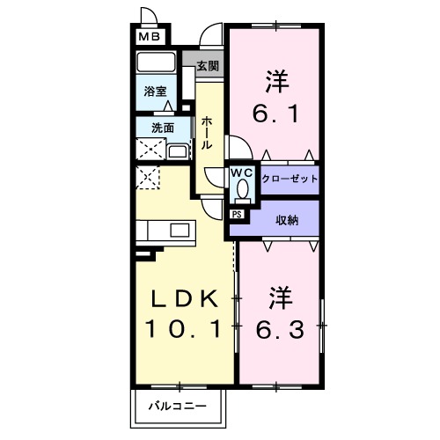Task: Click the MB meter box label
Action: (x=147, y=37)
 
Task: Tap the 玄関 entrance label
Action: (x=208, y=65)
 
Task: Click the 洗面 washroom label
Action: (x=163, y=128)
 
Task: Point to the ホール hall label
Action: (x=206, y=132)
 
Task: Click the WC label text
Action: (x=242, y=172)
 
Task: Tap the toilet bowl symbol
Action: (x=243, y=187)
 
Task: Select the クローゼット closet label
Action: (x=290, y=178)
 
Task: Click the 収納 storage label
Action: (x=287, y=220)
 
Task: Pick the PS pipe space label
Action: (x=237, y=213)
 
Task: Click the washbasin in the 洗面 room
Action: (x=177, y=150)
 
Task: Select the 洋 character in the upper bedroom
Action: (x=275, y=80)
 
